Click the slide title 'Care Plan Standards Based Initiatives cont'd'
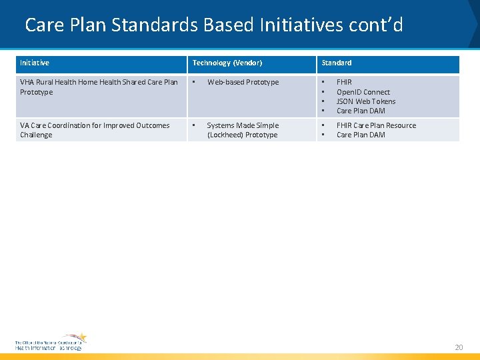pos(213,25)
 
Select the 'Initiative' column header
pos(35,63)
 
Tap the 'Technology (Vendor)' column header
pos(227,63)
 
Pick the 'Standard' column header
pos(337,63)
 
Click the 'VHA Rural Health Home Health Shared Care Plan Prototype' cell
pos(99,87)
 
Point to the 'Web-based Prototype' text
pos(243,83)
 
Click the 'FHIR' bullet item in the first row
pos(344,83)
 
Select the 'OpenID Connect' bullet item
pos(363,92)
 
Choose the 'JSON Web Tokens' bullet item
pos(366,101)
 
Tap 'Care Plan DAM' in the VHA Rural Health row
pos(361,111)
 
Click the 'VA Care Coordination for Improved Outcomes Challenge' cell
pos(95,130)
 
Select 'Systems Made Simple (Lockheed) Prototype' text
pos(243,130)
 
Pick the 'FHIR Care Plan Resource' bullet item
pos(376,125)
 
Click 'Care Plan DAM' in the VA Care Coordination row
pos(361,135)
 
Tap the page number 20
pos(458,347)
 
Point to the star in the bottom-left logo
pos(80,338)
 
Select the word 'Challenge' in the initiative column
pos(36,135)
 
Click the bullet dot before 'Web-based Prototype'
pos(194,83)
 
